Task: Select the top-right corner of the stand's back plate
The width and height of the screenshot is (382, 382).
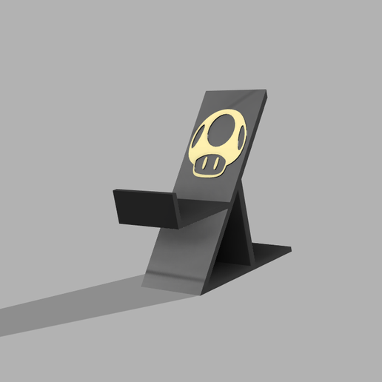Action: (268, 94)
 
